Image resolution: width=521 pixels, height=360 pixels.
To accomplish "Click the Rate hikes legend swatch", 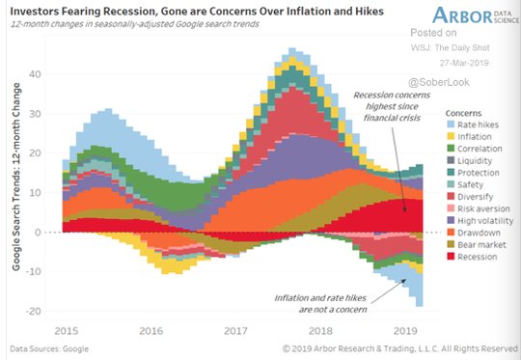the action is point(451,125).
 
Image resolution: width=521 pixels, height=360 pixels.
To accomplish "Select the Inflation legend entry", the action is point(469,137).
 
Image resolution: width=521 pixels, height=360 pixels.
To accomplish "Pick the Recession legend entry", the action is point(472,257).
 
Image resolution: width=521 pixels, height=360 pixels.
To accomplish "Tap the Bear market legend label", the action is point(481,245).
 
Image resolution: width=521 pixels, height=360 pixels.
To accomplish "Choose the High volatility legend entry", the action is point(480,221).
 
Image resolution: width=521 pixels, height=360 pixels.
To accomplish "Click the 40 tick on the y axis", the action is point(35,73).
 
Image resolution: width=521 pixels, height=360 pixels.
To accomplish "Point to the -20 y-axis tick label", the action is point(33,311).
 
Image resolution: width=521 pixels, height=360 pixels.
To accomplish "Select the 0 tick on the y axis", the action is point(38,232).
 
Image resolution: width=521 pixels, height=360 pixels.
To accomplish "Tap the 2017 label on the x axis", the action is point(235,331).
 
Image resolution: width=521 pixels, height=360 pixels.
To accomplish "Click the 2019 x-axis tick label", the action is point(405,331).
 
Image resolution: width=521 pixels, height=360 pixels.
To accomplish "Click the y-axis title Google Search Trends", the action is point(16,177).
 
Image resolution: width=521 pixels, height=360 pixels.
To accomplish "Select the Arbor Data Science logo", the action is point(476,14).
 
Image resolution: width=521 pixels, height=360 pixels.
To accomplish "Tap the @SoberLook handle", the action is point(439,82).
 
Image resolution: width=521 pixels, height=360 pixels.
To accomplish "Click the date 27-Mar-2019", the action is point(464,63).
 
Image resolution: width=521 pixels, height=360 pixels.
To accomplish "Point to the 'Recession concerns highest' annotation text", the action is point(392,106).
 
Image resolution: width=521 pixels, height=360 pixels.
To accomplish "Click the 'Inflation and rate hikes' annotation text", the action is point(320,303).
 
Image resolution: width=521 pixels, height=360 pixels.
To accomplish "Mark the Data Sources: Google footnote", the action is point(49,348).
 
